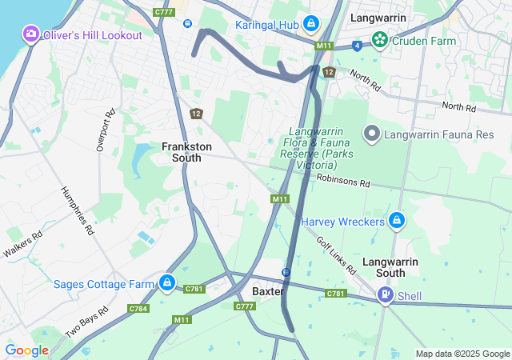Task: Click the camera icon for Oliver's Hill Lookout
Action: click(30, 34)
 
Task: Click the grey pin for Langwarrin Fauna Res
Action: click(371, 134)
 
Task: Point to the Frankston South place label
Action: click(187, 152)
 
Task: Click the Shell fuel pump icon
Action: click(386, 296)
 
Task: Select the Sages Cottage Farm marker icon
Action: click(166, 283)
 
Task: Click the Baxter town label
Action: click(268, 291)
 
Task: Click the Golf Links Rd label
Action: click(335, 255)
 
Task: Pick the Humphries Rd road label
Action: click(78, 210)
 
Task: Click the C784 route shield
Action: click(138, 308)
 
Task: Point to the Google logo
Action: click(26, 350)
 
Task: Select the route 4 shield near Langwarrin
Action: click(356, 46)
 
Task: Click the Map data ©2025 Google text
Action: click(462, 354)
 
